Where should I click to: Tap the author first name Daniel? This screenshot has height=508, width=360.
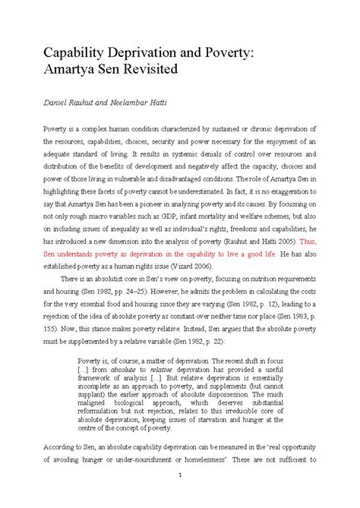coord(37,101)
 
